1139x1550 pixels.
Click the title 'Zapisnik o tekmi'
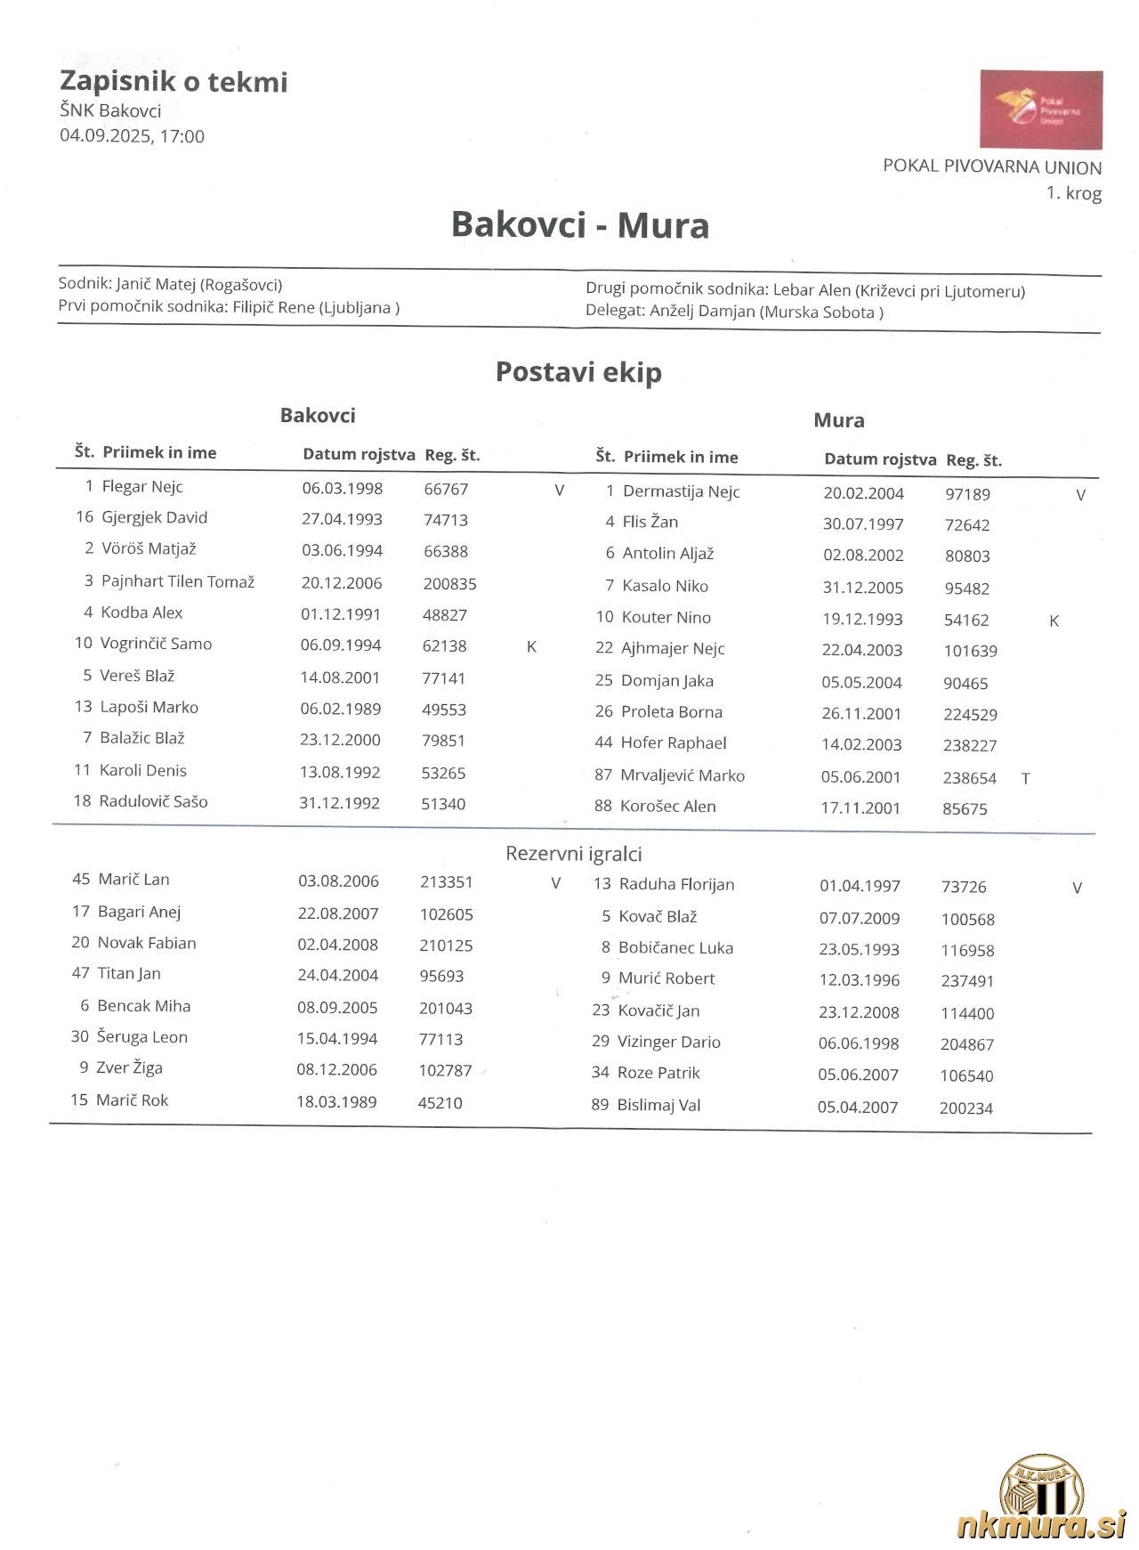[x=174, y=82]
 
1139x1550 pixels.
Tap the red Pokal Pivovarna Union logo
[x=1040, y=110]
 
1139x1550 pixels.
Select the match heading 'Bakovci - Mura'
[x=579, y=225]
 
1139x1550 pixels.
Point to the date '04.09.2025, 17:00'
[x=132, y=136]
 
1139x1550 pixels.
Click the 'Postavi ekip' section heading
[x=578, y=372]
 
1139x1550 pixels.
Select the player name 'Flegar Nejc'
[x=142, y=487]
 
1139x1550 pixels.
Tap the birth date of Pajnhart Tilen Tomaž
[x=342, y=583]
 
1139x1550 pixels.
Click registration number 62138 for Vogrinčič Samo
[x=444, y=646]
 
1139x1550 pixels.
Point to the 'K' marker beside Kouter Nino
[x=1054, y=621]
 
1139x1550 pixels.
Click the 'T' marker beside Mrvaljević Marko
[x=1025, y=778]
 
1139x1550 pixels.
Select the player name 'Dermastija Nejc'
[x=681, y=491]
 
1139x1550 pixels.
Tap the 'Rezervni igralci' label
[x=573, y=854]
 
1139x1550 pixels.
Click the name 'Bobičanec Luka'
[x=675, y=948]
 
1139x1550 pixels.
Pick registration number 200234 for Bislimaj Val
[x=965, y=1108]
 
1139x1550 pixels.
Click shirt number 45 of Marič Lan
[x=81, y=880]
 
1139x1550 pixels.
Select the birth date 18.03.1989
[x=336, y=1102]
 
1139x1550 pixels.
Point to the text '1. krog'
[x=1073, y=193]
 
